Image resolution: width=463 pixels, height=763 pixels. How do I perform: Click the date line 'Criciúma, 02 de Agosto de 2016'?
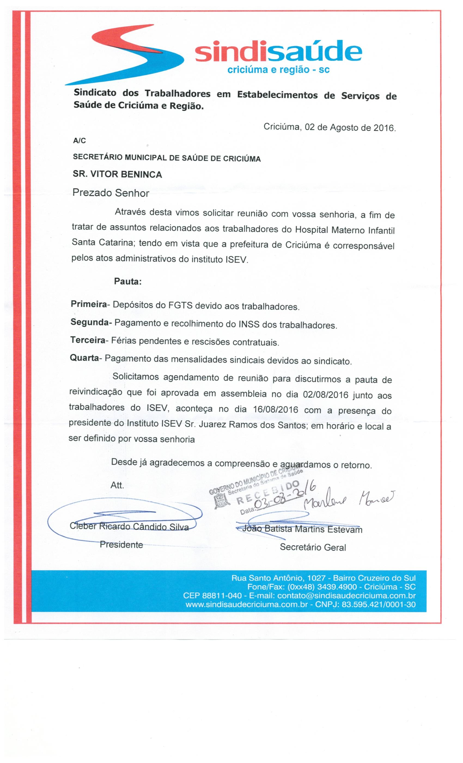[x=329, y=128]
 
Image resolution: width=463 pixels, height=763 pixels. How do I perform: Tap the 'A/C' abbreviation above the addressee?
[x=80, y=141]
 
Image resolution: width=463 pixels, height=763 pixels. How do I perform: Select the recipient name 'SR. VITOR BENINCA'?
[x=117, y=175]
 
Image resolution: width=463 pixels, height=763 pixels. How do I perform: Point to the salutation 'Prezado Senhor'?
[x=111, y=193]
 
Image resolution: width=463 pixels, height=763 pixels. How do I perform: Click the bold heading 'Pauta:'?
[x=128, y=281]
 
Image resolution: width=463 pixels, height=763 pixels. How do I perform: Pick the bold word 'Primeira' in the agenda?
[x=89, y=304]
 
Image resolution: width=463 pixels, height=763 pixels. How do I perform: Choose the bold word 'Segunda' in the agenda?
[x=90, y=322]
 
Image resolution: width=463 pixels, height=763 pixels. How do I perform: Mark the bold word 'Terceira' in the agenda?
[x=88, y=340]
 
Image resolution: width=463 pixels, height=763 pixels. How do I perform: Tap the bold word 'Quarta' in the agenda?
[x=84, y=358]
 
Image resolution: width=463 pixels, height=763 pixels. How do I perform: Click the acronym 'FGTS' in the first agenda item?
[x=180, y=305]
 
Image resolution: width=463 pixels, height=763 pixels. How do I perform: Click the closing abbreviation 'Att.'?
[x=117, y=485]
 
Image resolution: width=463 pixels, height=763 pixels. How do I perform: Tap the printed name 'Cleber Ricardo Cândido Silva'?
[x=129, y=526]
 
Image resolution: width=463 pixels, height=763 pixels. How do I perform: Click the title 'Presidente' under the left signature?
[x=121, y=545]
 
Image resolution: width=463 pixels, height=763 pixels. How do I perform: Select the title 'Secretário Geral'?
[x=313, y=547]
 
